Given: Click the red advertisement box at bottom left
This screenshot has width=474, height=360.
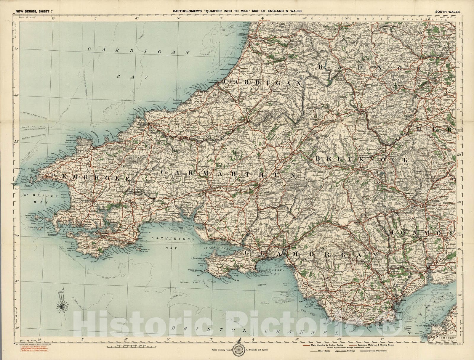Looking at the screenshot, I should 31,348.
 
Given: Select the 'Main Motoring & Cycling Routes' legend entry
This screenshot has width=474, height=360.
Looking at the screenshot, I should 326,345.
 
